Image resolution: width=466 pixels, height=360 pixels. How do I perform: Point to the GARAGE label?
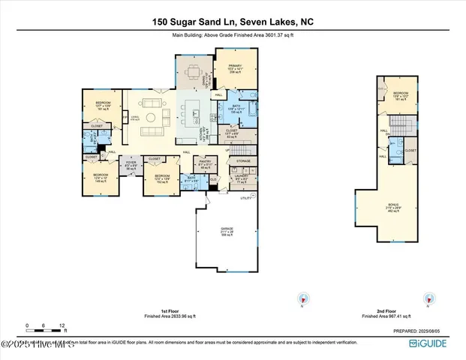pyautogui.click(x=226, y=228)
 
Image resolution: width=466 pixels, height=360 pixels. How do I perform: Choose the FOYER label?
pyautogui.click(x=131, y=162)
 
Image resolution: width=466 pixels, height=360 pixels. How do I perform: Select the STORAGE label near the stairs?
pyautogui.click(x=243, y=160)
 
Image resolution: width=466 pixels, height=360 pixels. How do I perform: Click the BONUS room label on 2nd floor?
pyautogui.click(x=393, y=203)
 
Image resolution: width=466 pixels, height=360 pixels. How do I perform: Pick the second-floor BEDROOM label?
pyautogui.click(x=401, y=93)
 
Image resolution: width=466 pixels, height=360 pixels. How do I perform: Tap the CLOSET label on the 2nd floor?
pyautogui.click(x=410, y=150)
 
